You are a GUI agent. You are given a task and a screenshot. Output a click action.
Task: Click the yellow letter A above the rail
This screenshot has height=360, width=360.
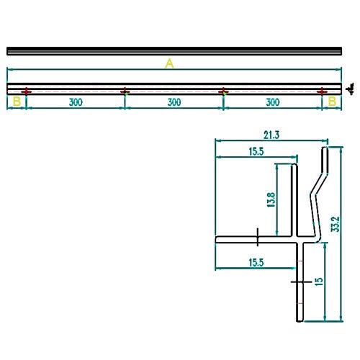click(x=169, y=63)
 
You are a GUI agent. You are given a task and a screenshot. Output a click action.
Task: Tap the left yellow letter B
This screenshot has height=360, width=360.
click(x=17, y=102)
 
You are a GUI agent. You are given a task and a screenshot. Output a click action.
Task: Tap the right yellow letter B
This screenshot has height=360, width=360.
click(x=332, y=102)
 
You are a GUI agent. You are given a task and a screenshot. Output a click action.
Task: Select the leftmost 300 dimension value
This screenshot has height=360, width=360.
click(x=76, y=102)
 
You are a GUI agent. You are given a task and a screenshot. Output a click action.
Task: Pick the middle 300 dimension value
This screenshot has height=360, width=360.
click(x=174, y=102)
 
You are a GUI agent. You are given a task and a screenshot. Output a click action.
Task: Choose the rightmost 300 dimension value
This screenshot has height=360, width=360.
click(x=273, y=102)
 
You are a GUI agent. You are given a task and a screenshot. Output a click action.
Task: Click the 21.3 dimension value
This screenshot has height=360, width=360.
click(x=271, y=135)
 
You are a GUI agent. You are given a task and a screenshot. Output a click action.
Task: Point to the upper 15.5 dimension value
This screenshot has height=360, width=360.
click(x=256, y=151)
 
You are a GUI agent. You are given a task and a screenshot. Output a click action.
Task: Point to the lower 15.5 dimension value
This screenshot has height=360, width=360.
click(x=256, y=263)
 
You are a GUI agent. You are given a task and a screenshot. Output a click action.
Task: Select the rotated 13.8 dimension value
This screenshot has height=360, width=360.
click(x=271, y=200)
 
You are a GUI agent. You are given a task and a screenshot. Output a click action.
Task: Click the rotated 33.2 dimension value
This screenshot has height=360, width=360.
click(x=336, y=224)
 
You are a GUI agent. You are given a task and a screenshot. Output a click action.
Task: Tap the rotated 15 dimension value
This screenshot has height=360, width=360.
click(x=319, y=282)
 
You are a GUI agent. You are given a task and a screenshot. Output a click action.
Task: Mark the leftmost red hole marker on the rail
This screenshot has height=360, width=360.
click(x=26, y=91)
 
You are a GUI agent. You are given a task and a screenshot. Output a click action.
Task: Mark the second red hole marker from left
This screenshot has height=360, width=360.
click(x=125, y=91)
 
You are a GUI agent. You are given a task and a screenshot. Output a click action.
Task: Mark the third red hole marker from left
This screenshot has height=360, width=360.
click(x=223, y=91)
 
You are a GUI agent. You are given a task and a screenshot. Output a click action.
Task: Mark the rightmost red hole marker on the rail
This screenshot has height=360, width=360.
click(x=322, y=91)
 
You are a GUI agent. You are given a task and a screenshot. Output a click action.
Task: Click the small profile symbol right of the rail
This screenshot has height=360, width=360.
click(x=351, y=89)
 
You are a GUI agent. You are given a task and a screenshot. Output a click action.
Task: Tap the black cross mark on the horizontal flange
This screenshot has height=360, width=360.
click(x=258, y=237)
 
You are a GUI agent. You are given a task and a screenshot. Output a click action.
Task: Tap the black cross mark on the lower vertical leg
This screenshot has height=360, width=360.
click(x=300, y=282)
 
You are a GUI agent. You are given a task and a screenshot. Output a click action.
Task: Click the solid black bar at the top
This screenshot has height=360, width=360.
click(x=174, y=51)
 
